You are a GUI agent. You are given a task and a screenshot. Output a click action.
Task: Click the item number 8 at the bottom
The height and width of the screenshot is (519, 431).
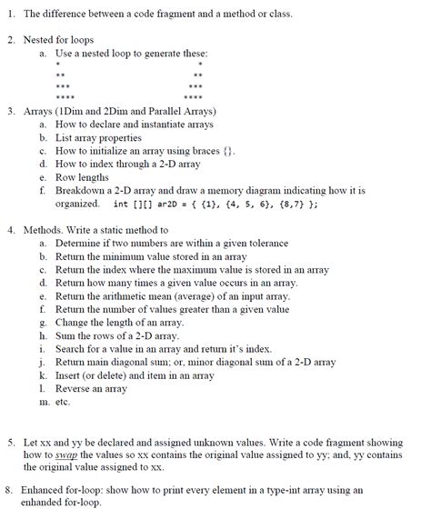point(9,489)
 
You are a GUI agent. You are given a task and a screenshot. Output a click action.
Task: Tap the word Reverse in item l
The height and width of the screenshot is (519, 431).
point(75,388)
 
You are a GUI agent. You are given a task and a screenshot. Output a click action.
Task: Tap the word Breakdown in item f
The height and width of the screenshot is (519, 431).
point(83,191)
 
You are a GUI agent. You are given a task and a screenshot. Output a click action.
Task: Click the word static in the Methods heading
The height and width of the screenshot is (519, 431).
point(121,230)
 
